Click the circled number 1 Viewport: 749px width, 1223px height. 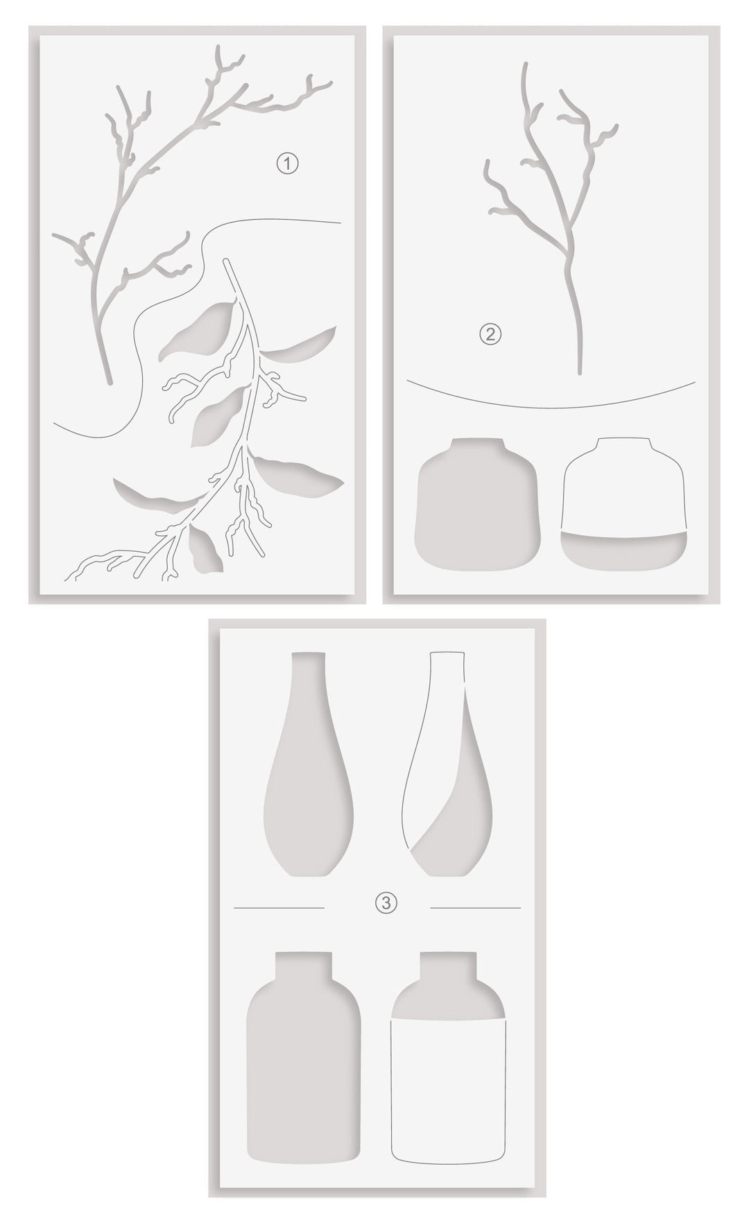tap(287, 164)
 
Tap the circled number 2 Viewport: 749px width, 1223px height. tap(490, 335)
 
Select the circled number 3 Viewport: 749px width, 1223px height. tap(386, 902)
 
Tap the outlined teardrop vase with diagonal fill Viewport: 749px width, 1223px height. tap(448, 770)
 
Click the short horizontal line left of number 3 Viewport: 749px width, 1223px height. tap(279, 907)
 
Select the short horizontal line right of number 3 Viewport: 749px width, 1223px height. tap(475, 907)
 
